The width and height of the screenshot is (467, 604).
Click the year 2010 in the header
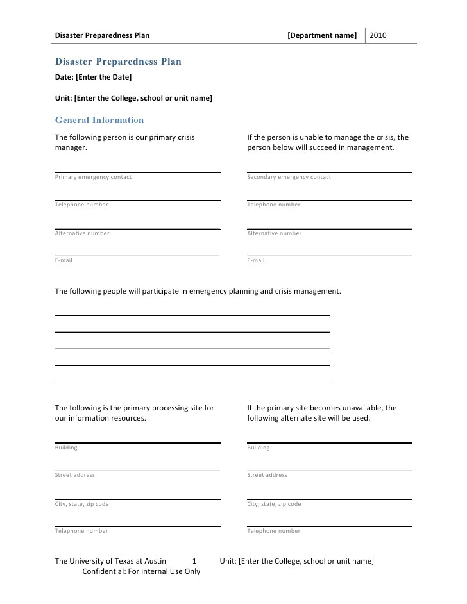click(378, 35)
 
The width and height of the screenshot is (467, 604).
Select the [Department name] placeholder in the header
click(322, 35)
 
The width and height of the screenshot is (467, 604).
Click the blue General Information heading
click(99, 120)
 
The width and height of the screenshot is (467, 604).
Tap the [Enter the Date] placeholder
click(103, 77)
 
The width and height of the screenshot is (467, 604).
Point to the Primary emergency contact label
click(93, 177)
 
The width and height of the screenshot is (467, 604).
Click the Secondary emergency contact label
click(289, 177)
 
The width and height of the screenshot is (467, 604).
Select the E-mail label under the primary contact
click(64, 260)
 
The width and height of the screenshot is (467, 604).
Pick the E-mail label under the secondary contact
click(256, 260)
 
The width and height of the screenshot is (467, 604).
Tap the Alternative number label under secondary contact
click(274, 233)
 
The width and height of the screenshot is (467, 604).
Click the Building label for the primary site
click(66, 448)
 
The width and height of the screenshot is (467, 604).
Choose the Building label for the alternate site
click(259, 448)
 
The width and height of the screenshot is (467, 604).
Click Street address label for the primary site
click(75, 475)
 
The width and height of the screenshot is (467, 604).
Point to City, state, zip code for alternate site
click(274, 504)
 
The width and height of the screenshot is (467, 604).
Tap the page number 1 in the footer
click(194, 561)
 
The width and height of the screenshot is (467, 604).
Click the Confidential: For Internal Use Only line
click(141, 571)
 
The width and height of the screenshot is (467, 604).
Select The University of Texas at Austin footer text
click(110, 561)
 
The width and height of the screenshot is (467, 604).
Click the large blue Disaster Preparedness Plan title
click(118, 62)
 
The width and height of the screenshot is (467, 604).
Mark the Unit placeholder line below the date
click(133, 98)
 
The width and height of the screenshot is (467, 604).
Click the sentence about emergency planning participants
click(198, 290)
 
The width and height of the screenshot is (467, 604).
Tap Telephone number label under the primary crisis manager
click(81, 205)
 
